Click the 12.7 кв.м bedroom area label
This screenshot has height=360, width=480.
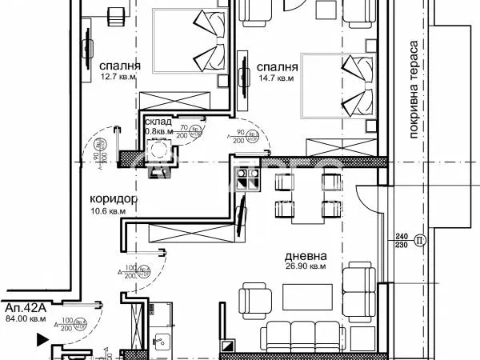[116, 77]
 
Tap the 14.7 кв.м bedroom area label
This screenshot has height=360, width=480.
[275, 79]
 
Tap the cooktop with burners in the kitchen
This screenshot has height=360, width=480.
[246, 178]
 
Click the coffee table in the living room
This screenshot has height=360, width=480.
[304, 298]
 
